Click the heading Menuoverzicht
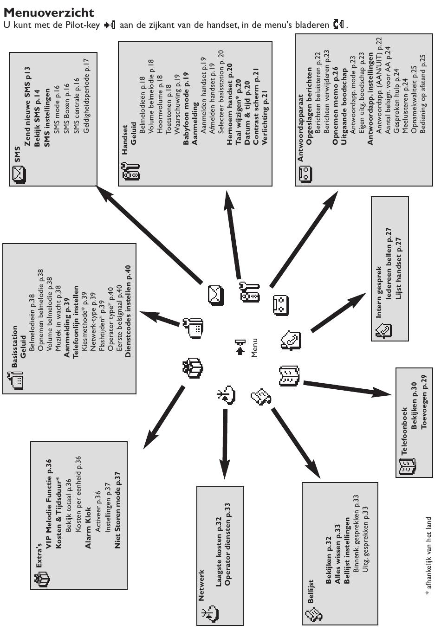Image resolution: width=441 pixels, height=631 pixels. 49,12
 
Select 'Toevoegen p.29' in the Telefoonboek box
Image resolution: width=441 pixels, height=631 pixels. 424,405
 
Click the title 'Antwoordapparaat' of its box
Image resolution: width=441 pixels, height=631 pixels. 301,128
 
